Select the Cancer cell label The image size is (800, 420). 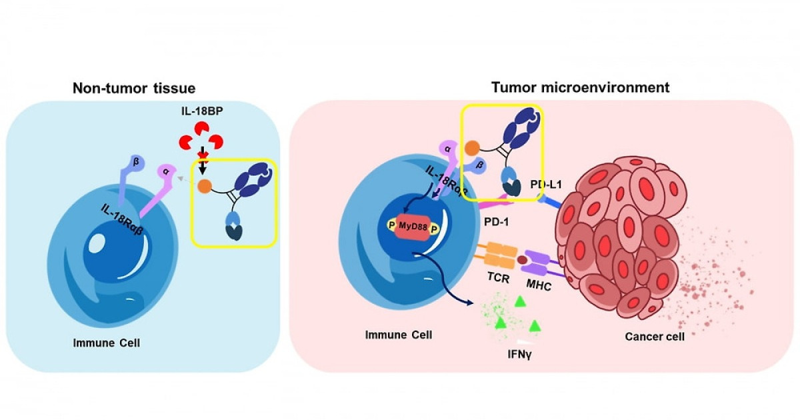pyautogui.click(x=655, y=337)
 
